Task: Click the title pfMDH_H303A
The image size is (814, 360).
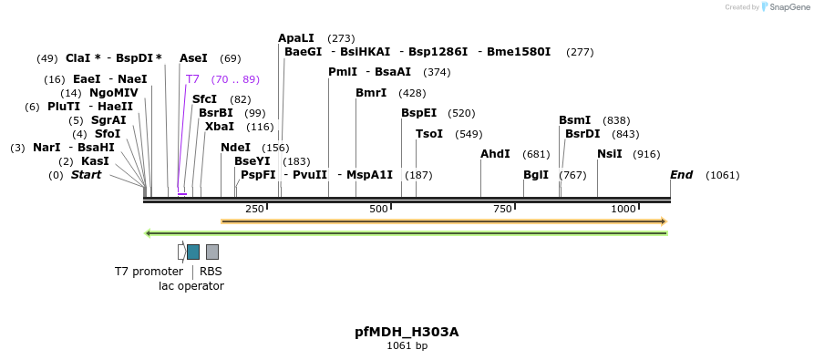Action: tap(407, 332)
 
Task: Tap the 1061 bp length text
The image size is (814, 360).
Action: tap(407, 346)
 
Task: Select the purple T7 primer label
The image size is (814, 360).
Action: tap(192, 79)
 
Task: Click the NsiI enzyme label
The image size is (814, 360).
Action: tap(609, 154)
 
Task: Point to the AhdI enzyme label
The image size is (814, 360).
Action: tap(495, 154)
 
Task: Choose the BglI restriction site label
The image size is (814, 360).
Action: tap(536, 175)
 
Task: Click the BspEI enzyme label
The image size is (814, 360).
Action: tap(419, 113)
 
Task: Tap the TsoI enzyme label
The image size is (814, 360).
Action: tap(429, 134)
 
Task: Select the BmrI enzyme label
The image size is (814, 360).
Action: tap(371, 93)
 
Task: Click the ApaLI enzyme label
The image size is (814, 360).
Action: tap(296, 38)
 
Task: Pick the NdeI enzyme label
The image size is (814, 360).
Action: tap(235, 148)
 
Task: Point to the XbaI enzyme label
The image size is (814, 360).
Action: tap(220, 127)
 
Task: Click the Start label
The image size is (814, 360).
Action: tap(87, 175)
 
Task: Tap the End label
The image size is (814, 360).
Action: tap(681, 175)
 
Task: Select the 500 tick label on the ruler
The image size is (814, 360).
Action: tap(378, 209)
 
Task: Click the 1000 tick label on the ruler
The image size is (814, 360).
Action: tap(623, 209)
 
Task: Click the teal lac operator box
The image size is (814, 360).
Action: tap(193, 252)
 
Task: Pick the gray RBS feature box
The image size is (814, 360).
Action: tap(212, 252)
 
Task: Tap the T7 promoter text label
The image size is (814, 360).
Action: tap(149, 272)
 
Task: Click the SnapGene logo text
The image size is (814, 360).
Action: tap(788, 7)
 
